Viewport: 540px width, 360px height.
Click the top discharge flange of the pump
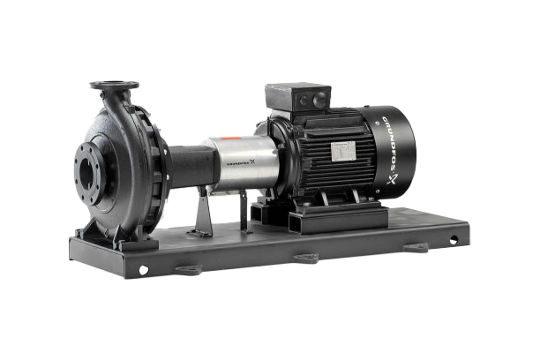click(x=114, y=86)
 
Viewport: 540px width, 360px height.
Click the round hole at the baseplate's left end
click(x=142, y=270)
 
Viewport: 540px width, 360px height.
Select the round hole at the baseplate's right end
click(x=454, y=239)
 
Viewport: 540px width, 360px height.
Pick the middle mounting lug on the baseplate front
click(x=306, y=257)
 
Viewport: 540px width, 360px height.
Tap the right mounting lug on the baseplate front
click(x=415, y=247)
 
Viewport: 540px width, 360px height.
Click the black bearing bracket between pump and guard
click(x=189, y=164)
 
